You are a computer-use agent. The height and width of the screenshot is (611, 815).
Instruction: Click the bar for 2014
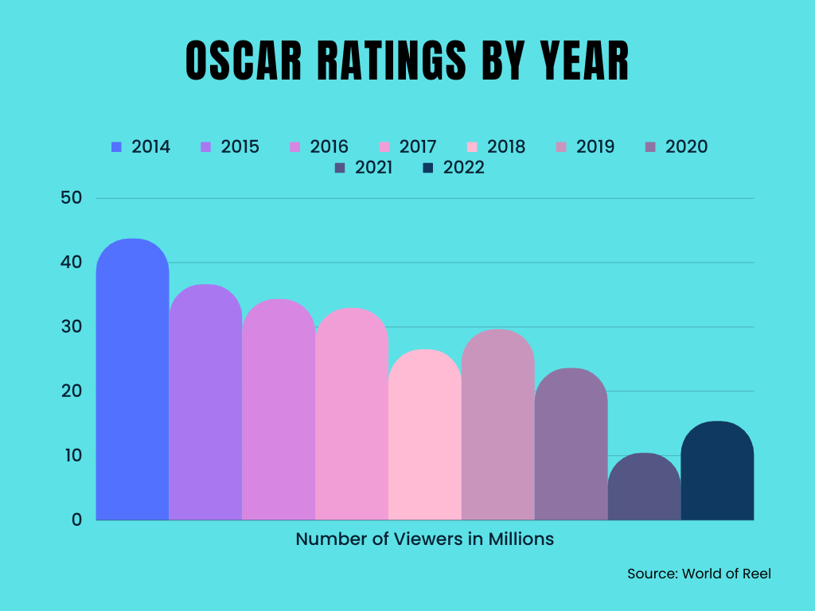[132, 382]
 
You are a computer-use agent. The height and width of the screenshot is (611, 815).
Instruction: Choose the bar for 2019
[498, 426]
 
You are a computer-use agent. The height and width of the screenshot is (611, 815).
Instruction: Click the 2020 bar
[571, 446]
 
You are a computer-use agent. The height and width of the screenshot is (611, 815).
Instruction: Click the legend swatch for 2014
[117, 147]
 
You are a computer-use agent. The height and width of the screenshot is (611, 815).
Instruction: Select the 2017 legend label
[418, 147]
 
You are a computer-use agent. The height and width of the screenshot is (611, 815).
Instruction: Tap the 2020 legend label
[686, 147]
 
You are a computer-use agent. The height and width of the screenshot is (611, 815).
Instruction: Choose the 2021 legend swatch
[340, 168]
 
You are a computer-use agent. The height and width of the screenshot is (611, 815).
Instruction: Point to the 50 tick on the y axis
[72, 198]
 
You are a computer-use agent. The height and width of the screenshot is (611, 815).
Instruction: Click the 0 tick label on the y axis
[77, 520]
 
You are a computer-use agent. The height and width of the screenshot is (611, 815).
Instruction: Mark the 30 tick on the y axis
[72, 327]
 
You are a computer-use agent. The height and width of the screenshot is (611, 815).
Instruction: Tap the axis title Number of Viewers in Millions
[424, 539]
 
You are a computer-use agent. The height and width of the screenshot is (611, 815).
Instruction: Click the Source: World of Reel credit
[699, 574]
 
